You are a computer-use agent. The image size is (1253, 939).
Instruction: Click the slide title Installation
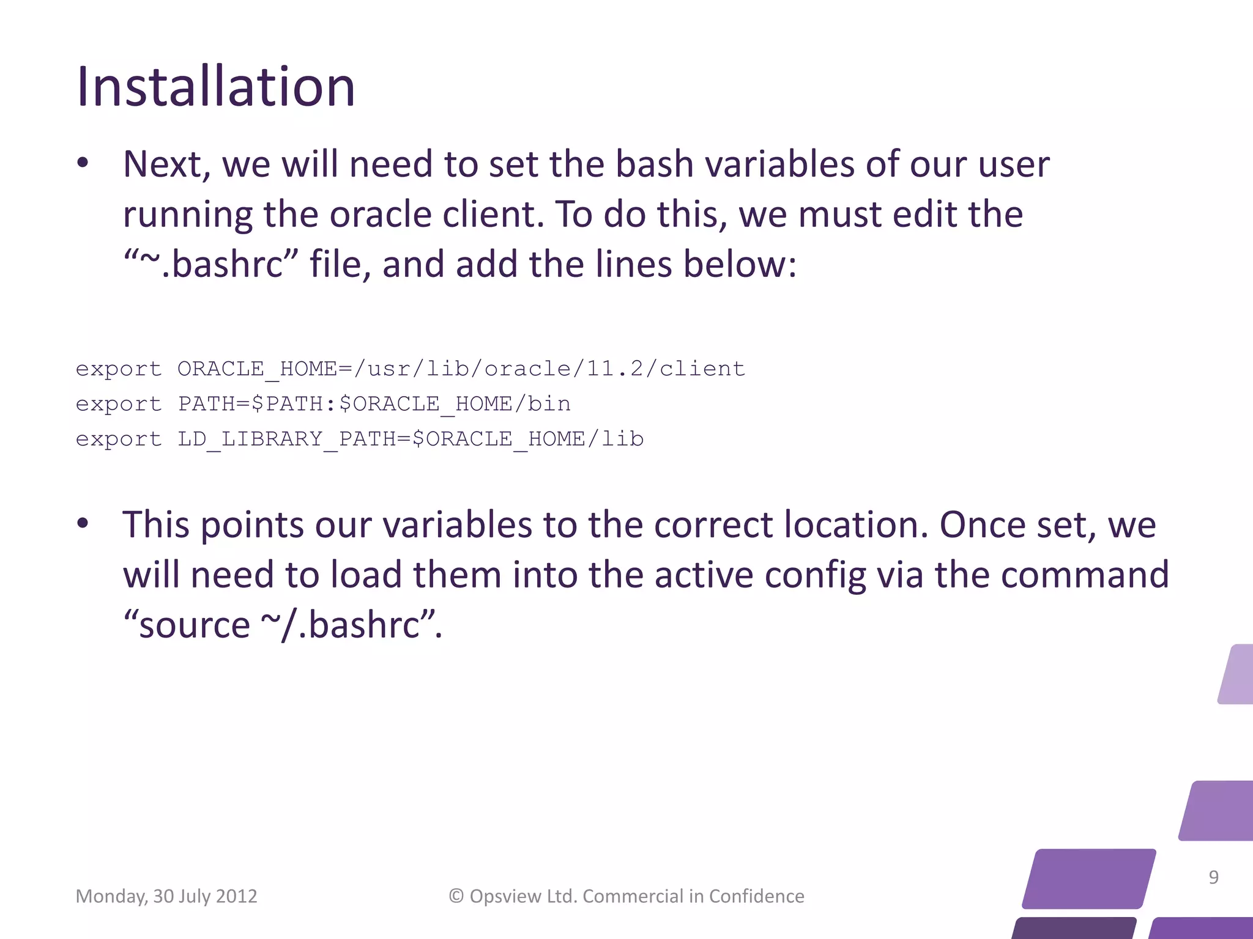(215, 87)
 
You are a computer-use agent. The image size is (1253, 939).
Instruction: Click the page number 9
(1214, 877)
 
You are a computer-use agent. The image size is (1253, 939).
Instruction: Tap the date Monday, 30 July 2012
(166, 896)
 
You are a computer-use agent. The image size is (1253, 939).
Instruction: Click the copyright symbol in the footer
(456, 896)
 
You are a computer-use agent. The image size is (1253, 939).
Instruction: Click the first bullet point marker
(83, 164)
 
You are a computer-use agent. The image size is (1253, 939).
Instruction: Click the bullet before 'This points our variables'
(83, 524)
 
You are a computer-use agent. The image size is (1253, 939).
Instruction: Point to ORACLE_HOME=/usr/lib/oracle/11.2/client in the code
(461, 369)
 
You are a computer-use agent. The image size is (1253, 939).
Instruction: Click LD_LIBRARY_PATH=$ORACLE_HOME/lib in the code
(411, 439)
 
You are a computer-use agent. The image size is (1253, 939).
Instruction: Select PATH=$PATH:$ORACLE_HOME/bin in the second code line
(374, 404)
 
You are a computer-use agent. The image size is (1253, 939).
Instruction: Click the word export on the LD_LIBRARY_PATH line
(119, 439)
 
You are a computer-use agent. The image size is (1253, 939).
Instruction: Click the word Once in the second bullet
(983, 525)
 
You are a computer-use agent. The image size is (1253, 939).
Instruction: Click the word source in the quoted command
(195, 625)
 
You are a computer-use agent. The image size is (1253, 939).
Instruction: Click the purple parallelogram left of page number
(1089, 878)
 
